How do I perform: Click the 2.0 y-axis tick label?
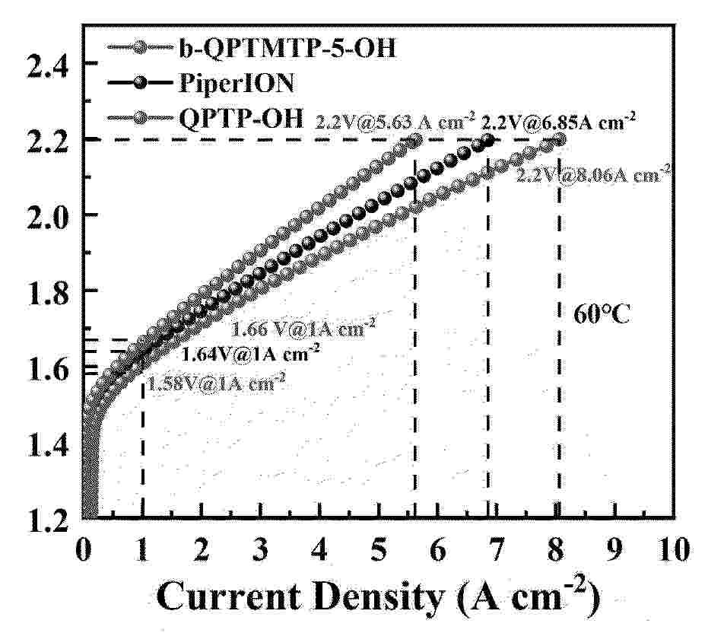pos(49,215)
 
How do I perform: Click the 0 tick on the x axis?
pos(84,549)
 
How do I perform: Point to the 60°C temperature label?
pos(602,314)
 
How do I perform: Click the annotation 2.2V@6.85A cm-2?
pos(559,119)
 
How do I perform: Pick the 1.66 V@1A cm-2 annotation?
pos(303,329)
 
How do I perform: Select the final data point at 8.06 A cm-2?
pos(561,140)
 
